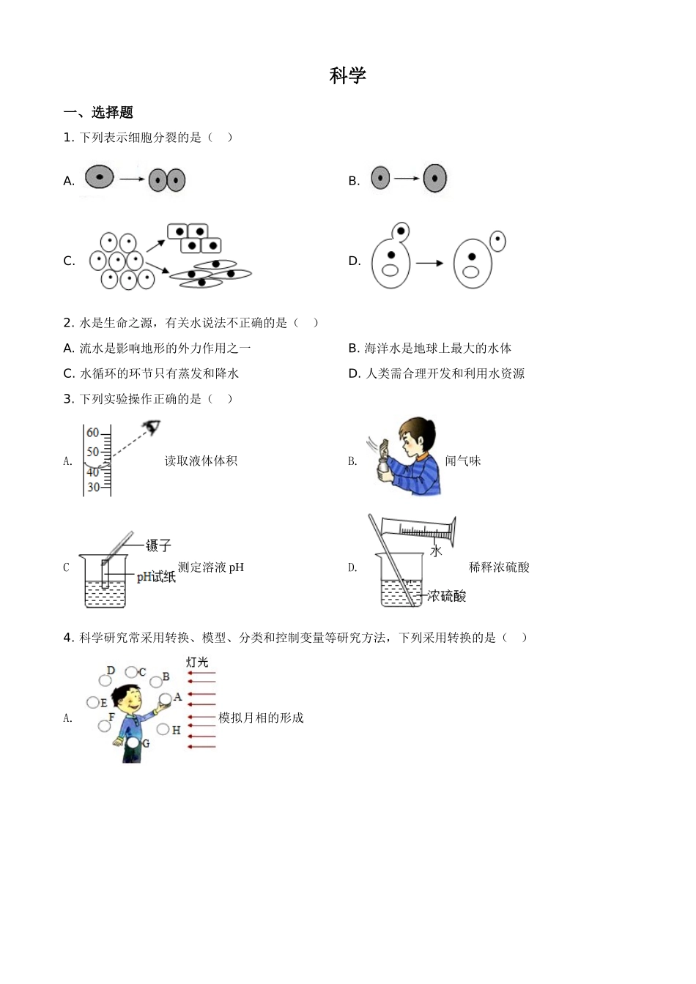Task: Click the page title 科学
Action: [x=347, y=75]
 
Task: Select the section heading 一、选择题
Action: [x=98, y=113]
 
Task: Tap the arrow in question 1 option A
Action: [x=131, y=179]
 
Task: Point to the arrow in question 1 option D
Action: [x=430, y=262]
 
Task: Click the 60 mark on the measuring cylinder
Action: [x=93, y=433]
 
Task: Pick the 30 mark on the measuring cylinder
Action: [x=93, y=487]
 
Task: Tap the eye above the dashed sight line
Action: [x=152, y=427]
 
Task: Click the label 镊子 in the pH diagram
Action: [x=158, y=545]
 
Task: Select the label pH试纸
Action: [x=156, y=577]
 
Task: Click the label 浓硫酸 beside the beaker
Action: [x=446, y=596]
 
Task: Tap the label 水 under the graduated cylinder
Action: [x=436, y=551]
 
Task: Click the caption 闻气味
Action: [x=463, y=461]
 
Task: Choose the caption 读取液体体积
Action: [x=201, y=461]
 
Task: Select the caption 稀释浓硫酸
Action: [x=499, y=567]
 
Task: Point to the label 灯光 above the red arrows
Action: [x=196, y=663]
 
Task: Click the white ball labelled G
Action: [x=133, y=743]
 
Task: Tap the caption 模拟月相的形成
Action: [x=261, y=718]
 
